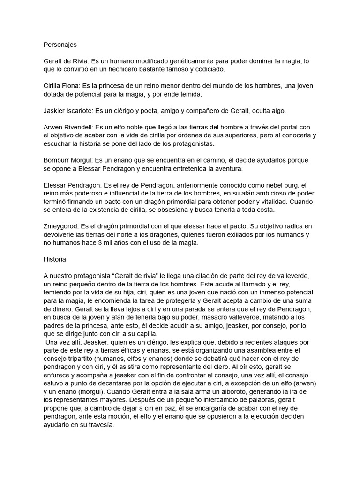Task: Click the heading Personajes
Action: tap(60, 45)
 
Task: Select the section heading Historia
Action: tap(55, 259)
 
